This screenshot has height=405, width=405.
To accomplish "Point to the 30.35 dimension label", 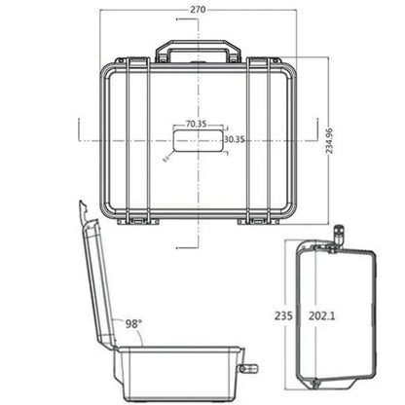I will click(234, 139).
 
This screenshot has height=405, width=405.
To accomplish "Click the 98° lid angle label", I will click(133, 322).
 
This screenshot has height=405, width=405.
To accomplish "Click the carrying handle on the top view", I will click(199, 48).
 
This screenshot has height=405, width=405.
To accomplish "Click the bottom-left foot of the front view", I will click(135, 220).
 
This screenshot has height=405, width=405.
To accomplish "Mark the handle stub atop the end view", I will click(339, 235).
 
